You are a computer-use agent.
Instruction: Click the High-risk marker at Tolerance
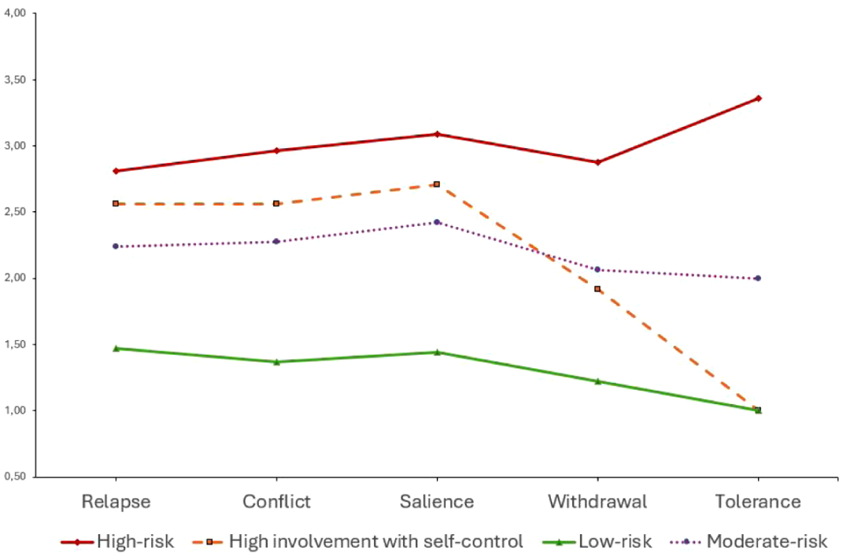click(758, 98)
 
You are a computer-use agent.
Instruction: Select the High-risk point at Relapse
click(116, 171)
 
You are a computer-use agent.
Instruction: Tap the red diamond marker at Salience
click(437, 134)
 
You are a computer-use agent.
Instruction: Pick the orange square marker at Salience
click(437, 184)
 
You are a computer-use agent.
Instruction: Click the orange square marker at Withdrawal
click(597, 289)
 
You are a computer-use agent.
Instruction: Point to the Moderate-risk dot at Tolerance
click(758, 278)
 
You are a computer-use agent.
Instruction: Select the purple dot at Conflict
click(276, 242)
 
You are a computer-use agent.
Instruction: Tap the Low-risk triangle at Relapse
click(116, 348)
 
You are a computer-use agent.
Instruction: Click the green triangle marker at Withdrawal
click(597, 381)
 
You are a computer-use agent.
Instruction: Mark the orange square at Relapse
click(116, 204)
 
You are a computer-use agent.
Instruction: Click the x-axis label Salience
click(437, 502)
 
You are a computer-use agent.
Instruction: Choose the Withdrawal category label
click(597, 502)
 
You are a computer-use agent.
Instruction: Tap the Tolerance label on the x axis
click(758, 502)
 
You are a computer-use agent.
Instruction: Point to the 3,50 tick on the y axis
click(15, 80)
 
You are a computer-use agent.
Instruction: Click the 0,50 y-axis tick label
click(15, 477)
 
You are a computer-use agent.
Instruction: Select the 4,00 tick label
click(15, 13)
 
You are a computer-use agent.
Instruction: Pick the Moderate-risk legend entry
click(749, 541)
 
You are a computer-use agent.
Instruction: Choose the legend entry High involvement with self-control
click(357, 541)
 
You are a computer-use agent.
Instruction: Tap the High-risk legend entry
click(117, 541)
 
